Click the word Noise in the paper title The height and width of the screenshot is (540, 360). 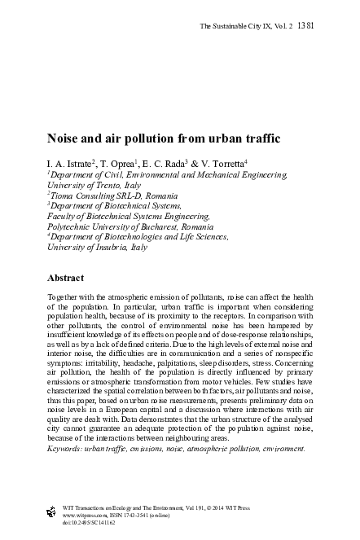click(x=64, y=138)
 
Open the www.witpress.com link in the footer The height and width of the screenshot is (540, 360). click(x=73, y=516)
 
